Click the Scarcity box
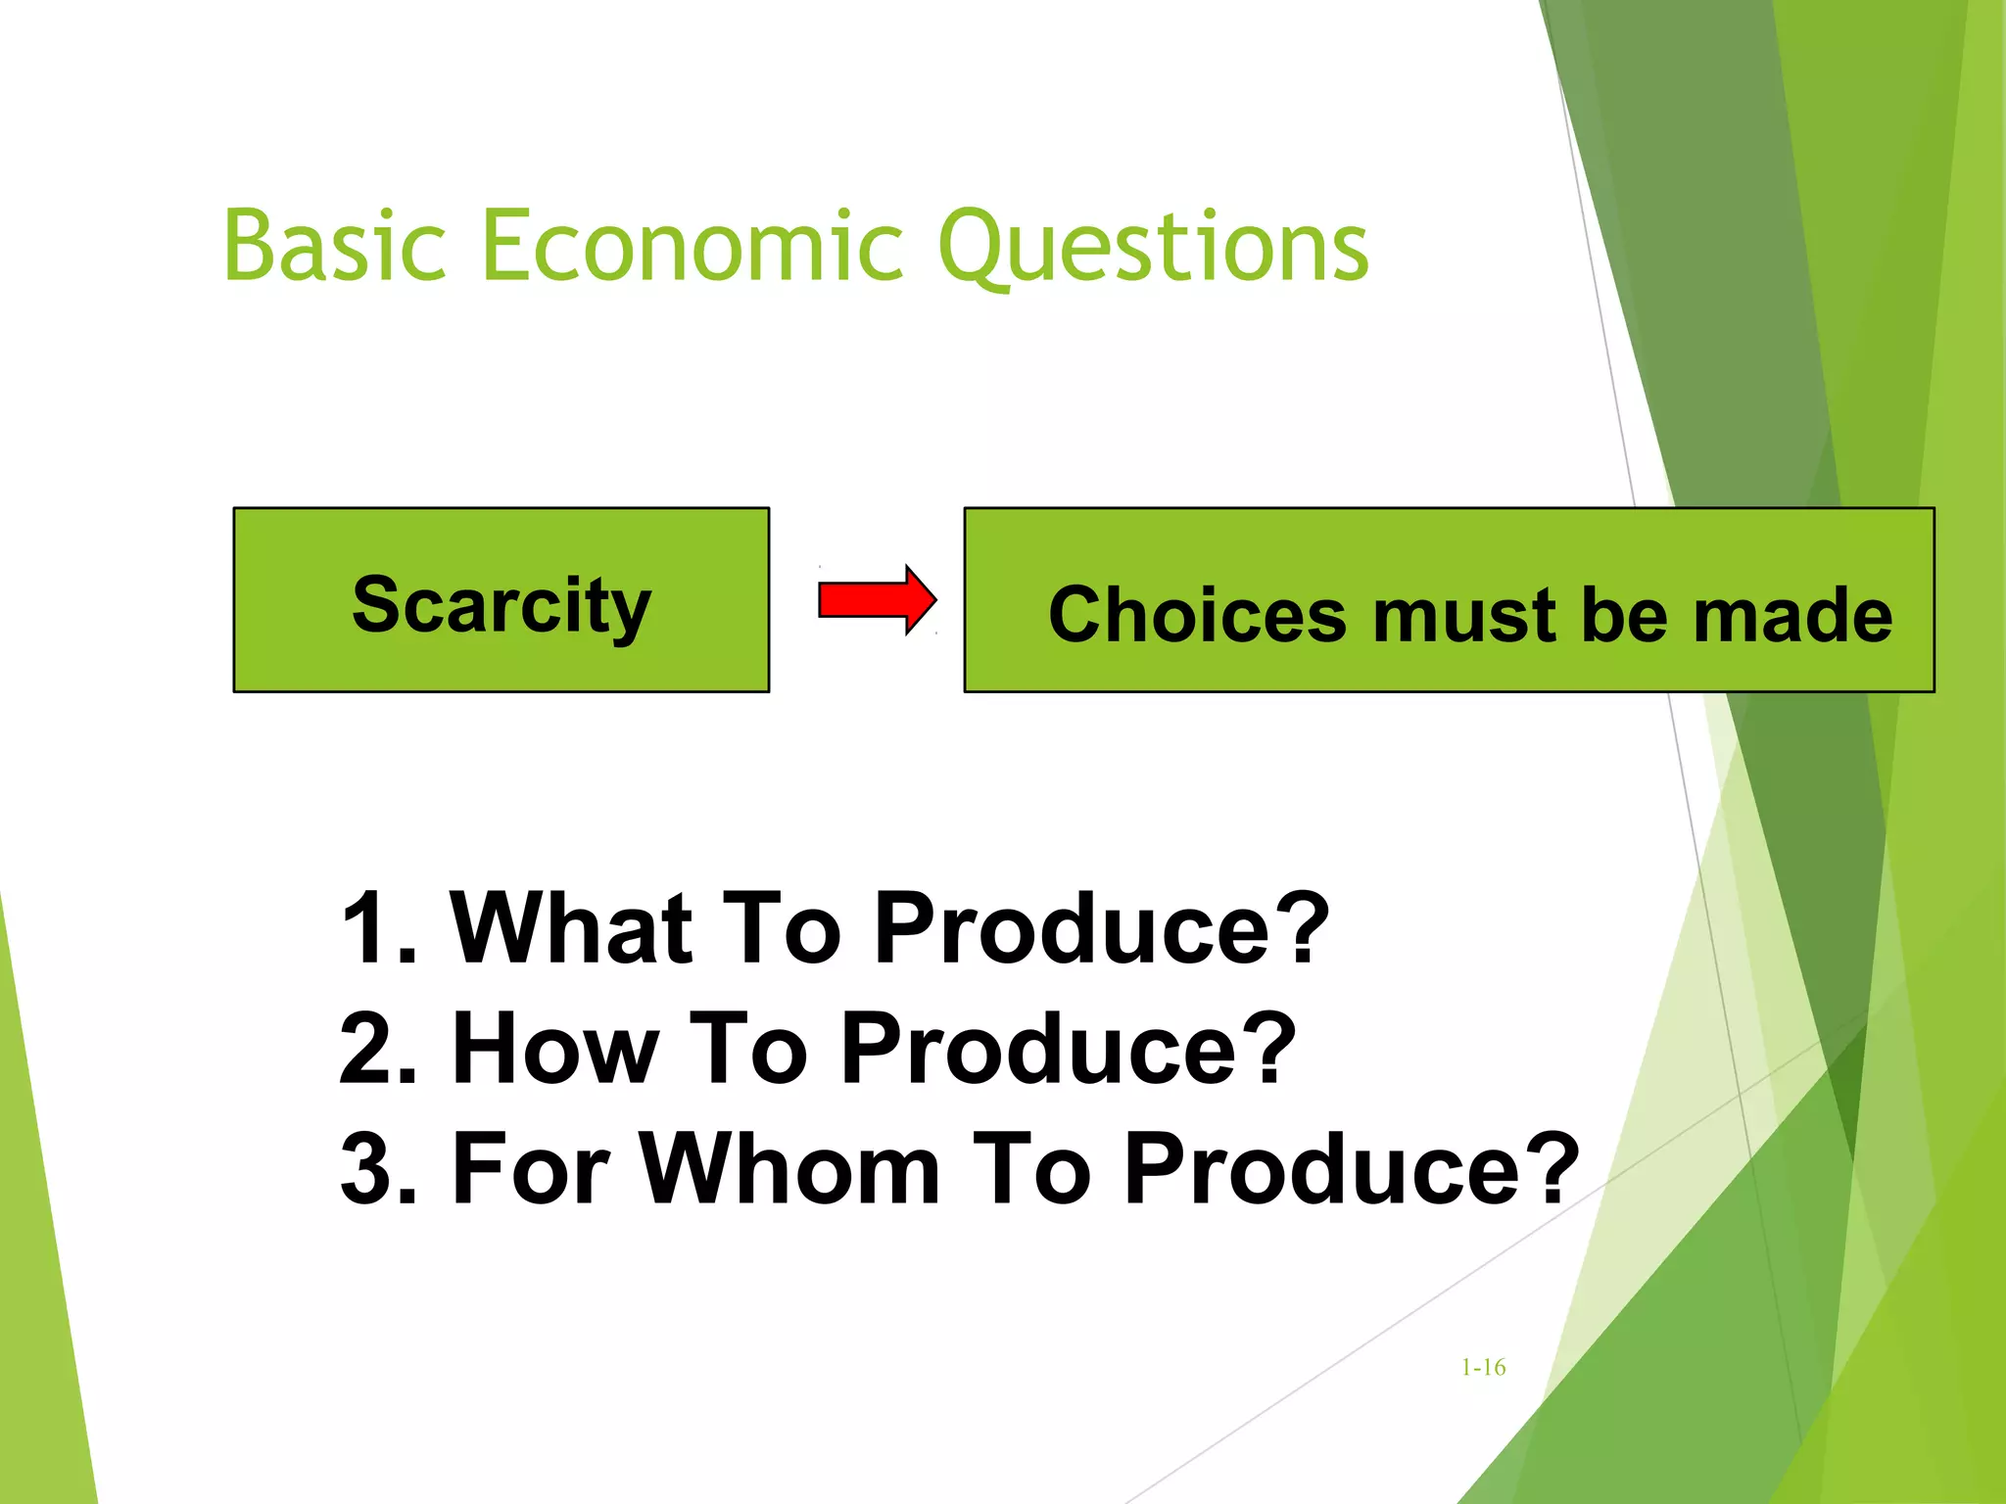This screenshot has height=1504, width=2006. pos(501,600)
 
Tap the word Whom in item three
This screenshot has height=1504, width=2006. pos(789,1168)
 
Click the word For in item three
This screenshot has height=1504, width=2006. pos(530,1168)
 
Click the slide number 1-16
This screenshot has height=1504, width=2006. pos(1483,1368)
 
